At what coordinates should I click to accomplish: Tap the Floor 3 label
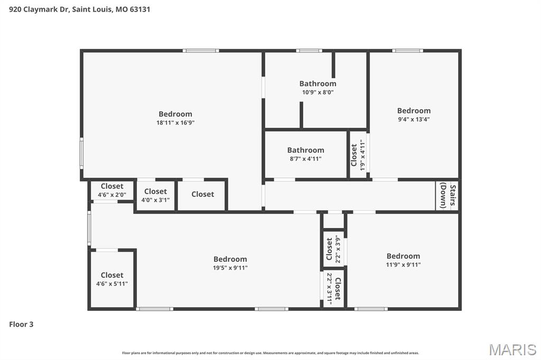click(21, 324)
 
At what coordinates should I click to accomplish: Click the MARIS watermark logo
click(512, 349)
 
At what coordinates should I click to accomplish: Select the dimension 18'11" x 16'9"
click(175, 122)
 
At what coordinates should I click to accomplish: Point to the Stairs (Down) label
click(447, 196)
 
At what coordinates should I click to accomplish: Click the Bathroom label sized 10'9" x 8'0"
click(318, 83)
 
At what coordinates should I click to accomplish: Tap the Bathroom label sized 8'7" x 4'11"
click(305, 150)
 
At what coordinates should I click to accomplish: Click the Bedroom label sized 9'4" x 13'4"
click(414, 110)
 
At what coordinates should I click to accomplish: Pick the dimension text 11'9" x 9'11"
click(403, 265)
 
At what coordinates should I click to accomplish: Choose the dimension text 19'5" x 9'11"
click(230, 268)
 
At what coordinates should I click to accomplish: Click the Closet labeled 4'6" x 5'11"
click(112, 275)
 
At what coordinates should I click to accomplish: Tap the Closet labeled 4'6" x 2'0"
click(112, 186)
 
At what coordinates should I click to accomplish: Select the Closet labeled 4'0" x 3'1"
click(155, 191)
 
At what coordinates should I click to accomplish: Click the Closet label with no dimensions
click(202, 194)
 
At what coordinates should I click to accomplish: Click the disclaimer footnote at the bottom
click(270, 353)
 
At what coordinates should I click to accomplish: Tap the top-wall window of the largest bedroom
click(201, 51)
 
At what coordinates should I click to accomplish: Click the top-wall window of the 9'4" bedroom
click(407, 51)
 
